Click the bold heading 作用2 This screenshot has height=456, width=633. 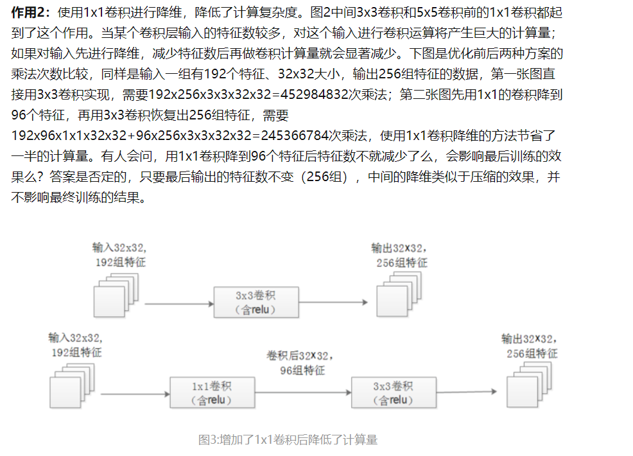click(x=30, y=12)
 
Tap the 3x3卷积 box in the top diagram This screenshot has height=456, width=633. click(x=256, y=302)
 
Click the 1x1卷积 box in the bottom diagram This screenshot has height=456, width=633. click(x=212, y=392)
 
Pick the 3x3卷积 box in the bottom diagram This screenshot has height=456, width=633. click(x=393, y=392)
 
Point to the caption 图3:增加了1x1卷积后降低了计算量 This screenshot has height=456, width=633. click(x=288, y=440)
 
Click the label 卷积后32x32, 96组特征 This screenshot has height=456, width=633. click(x=300, y=362)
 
